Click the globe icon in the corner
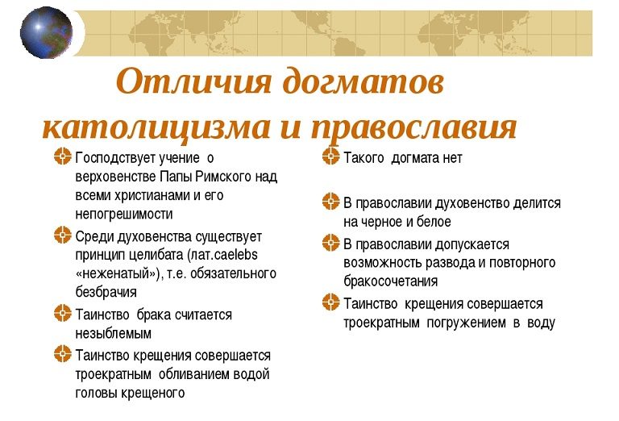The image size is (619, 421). click(x=46, y=32)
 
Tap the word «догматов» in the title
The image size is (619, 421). click(x=364, y=82)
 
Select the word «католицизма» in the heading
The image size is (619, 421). click(x=156, y=127)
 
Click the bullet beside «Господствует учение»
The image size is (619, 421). click(x=62, y=156)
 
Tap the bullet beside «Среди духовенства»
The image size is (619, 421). click(x=62, y=235)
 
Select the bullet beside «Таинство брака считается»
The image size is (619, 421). click(x=62, y=313)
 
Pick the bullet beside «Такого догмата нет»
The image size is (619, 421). click(x=330, y=156)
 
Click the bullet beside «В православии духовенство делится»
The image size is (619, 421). click(x=330, y=201)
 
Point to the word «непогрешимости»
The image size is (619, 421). click(x=124, y=214)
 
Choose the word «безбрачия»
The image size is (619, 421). click(x=106, y=292)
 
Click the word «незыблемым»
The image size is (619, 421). click(x=114, y=334)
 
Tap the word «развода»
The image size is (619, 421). click(x=435, y=263)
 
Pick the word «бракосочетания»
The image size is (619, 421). click(x=390, y=281)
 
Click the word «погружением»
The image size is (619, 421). click(x=466, y=323)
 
